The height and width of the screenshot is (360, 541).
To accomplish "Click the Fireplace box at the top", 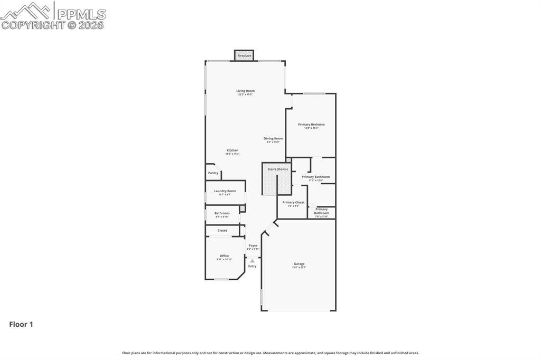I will tap(244, 55).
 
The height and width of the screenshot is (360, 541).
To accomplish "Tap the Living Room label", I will tap(245, 91).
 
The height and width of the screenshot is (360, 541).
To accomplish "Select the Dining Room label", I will tap(273, 138).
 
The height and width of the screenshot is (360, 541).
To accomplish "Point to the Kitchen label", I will tap(232, 150).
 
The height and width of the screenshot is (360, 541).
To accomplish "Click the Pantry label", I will tap(213, 173).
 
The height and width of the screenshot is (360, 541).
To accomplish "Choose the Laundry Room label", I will tap(225, 191).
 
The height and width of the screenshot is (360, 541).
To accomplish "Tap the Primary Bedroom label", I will tap(311, 125).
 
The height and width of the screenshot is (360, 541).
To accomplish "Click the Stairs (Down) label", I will tap(277, 169).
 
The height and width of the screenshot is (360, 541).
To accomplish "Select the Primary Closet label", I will tap(293, 202).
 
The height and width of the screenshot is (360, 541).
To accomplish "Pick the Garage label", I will tap(299, 263).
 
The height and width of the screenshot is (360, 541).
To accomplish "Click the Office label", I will tap(224, 255).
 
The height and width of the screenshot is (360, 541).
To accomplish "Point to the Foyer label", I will tap(253, 245).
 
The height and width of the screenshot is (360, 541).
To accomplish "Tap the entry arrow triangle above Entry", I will tap(253, 261).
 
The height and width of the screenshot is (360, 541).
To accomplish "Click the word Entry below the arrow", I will tap(253, 266).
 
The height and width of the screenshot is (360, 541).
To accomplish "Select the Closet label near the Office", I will tap(222, 230).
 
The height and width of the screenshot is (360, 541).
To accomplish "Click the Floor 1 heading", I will tap(21, 325).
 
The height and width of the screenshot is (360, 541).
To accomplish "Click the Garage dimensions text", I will tap(299, 268).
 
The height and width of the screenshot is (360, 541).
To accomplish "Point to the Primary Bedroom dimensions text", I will tap(311, 128).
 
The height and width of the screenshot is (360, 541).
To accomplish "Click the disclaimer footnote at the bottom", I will tap(270, 353).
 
